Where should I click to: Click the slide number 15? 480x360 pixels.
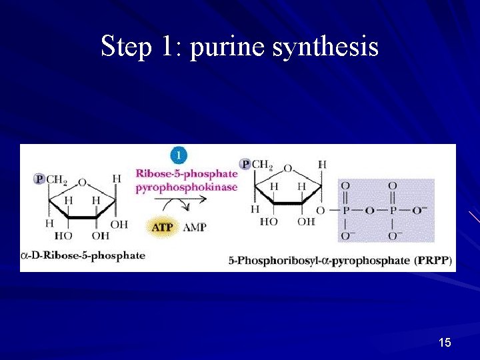445,343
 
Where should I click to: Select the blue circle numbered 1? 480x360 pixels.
177,155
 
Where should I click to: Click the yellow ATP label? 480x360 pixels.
162,227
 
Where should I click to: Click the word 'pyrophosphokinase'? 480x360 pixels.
186,187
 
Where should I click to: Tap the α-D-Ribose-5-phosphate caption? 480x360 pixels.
83,255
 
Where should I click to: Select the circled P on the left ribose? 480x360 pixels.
39,179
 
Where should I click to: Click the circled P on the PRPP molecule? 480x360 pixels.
245,164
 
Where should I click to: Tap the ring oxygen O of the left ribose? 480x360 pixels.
81,182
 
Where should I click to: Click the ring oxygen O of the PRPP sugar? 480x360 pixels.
287,168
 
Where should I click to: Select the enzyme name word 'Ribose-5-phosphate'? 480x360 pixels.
186,174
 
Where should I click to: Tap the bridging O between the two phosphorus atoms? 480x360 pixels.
368,211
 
